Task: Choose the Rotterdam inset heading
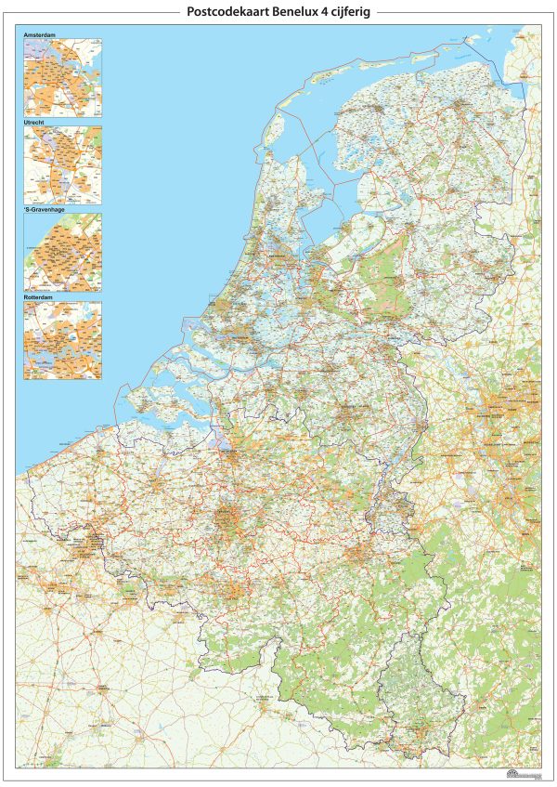tap(40, 296)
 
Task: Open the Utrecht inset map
tap(63, 164)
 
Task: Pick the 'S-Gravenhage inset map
tap(63, 252)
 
